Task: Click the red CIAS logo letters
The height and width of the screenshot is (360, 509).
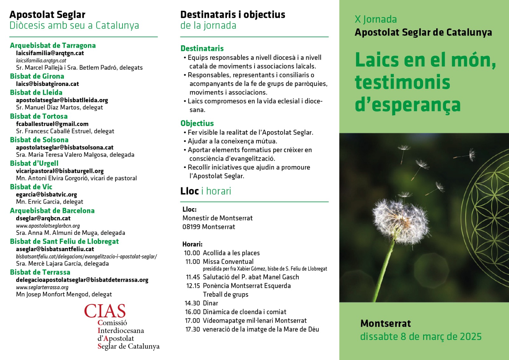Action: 105,311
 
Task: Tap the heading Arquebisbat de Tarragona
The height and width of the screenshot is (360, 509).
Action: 52,46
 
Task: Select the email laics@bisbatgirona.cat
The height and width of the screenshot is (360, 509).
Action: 47,84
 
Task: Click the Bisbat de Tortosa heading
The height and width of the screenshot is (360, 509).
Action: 38,116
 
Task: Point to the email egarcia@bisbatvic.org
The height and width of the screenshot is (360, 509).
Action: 46,194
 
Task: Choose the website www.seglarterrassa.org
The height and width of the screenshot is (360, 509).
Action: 42,287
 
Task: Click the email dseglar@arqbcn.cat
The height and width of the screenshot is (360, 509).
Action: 43,218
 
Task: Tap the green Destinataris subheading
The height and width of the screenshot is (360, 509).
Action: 202,48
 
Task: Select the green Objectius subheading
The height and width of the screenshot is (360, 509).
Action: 197,123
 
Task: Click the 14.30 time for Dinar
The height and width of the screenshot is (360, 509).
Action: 192,303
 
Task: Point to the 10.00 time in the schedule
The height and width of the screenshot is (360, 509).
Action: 192,253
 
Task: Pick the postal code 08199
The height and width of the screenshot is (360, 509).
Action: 191,227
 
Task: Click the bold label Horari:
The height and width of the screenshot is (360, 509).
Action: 192,244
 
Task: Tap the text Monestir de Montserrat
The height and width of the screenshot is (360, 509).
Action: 218,218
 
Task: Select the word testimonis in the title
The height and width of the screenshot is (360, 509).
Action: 402,82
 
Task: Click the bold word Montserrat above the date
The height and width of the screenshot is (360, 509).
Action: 386,324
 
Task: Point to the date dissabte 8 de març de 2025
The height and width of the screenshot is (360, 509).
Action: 421,337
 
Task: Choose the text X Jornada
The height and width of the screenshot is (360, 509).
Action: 376,19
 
